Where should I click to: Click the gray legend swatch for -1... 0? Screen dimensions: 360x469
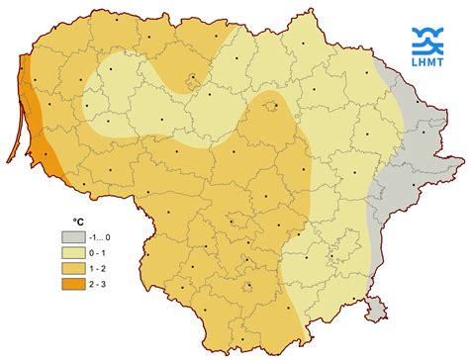[x=73, y=237]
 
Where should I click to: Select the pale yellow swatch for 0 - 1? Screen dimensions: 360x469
[x=73, y=252]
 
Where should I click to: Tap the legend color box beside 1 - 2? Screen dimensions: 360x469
[x=73, y=268]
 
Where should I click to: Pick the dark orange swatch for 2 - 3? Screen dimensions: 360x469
[x=73, y=284]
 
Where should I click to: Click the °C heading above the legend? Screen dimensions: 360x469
[x=79, y=223]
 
